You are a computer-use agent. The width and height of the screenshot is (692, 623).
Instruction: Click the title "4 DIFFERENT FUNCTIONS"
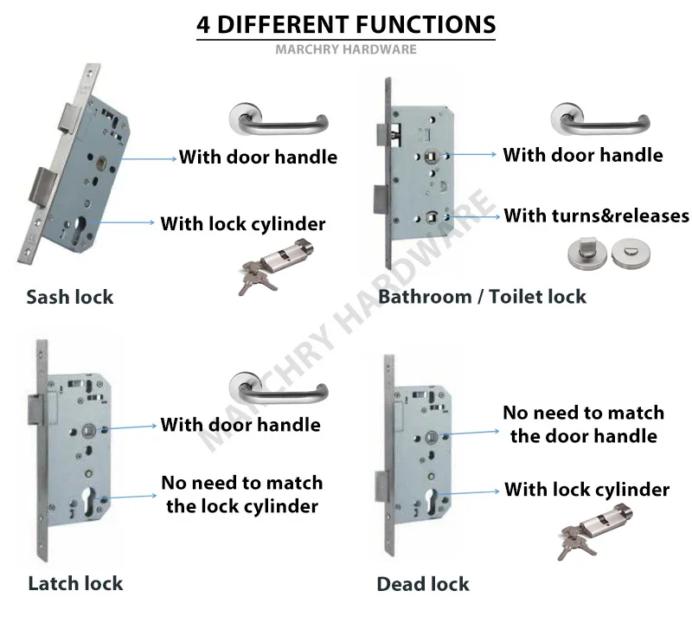point(346,23)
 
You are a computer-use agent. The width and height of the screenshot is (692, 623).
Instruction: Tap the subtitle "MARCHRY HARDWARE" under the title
point(346,49)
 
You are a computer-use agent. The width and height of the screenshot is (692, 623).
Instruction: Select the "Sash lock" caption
point(69,297)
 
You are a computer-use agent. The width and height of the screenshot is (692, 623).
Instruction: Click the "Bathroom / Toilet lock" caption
point(482,297)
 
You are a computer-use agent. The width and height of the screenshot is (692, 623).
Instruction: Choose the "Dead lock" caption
point(422,584)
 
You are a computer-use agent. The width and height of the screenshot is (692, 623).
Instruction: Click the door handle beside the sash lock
point(277,120)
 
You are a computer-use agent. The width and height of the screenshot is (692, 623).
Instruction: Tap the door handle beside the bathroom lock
point(597,120)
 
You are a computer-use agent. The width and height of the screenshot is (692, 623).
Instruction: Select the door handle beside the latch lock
point(277,387)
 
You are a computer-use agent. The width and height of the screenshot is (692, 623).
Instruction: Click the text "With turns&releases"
point(596,215)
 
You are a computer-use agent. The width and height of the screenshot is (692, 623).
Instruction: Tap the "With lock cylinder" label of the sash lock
point(242,223)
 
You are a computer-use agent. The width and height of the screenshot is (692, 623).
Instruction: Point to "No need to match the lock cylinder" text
point(241,494)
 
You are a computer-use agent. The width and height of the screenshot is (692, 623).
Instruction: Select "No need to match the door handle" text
point(583,424)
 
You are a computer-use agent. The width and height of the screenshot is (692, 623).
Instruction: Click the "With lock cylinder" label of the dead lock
point(586,490)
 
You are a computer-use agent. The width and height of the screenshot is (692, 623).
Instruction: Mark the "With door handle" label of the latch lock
point(240,425)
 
